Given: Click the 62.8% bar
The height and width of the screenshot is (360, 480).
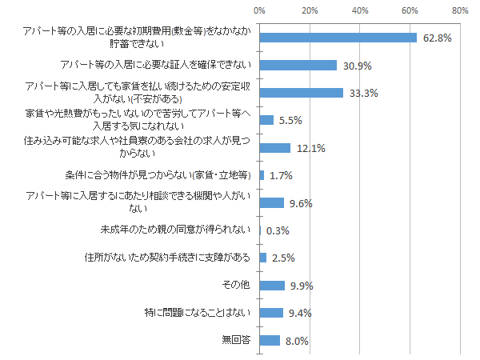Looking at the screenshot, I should click(x=338, y=38).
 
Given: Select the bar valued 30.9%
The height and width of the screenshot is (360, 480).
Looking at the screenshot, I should click(x=298, y=65).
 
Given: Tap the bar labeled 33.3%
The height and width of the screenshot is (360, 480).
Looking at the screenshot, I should click(x=302, y=93).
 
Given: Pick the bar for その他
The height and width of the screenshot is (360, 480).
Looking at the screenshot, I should click(x=272, y=286).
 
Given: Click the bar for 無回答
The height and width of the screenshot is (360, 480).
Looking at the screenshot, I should click(x=270, y=341).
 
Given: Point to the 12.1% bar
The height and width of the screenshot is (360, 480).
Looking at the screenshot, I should click(x=275, y=147).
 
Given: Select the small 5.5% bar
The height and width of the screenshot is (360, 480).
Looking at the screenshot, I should click(x=266, y=120).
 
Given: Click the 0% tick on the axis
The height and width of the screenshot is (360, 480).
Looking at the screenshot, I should click(x=260, y=12).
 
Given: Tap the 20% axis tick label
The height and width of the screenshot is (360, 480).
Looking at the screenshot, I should click(x=310, y=12).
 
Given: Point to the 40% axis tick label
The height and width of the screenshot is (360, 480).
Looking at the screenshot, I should click(x=360, y=12).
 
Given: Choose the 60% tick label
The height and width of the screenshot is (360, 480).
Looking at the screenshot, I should click(x=410, y=12).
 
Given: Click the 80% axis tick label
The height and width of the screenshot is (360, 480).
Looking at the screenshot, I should click(x=460, y=12).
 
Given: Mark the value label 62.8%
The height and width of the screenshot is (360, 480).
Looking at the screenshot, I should click(x=437, y=38).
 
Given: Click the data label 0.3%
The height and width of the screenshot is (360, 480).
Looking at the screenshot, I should click(x=278, y=231).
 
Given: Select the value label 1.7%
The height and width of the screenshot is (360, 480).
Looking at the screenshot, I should click(x=282, y=176).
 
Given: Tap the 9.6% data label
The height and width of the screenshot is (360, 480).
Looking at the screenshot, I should click(x=301, y=203).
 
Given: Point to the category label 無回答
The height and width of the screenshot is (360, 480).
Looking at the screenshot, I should click(x=236, y=341).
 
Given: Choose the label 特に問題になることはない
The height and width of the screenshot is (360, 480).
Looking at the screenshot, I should click(x=196, y=313).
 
